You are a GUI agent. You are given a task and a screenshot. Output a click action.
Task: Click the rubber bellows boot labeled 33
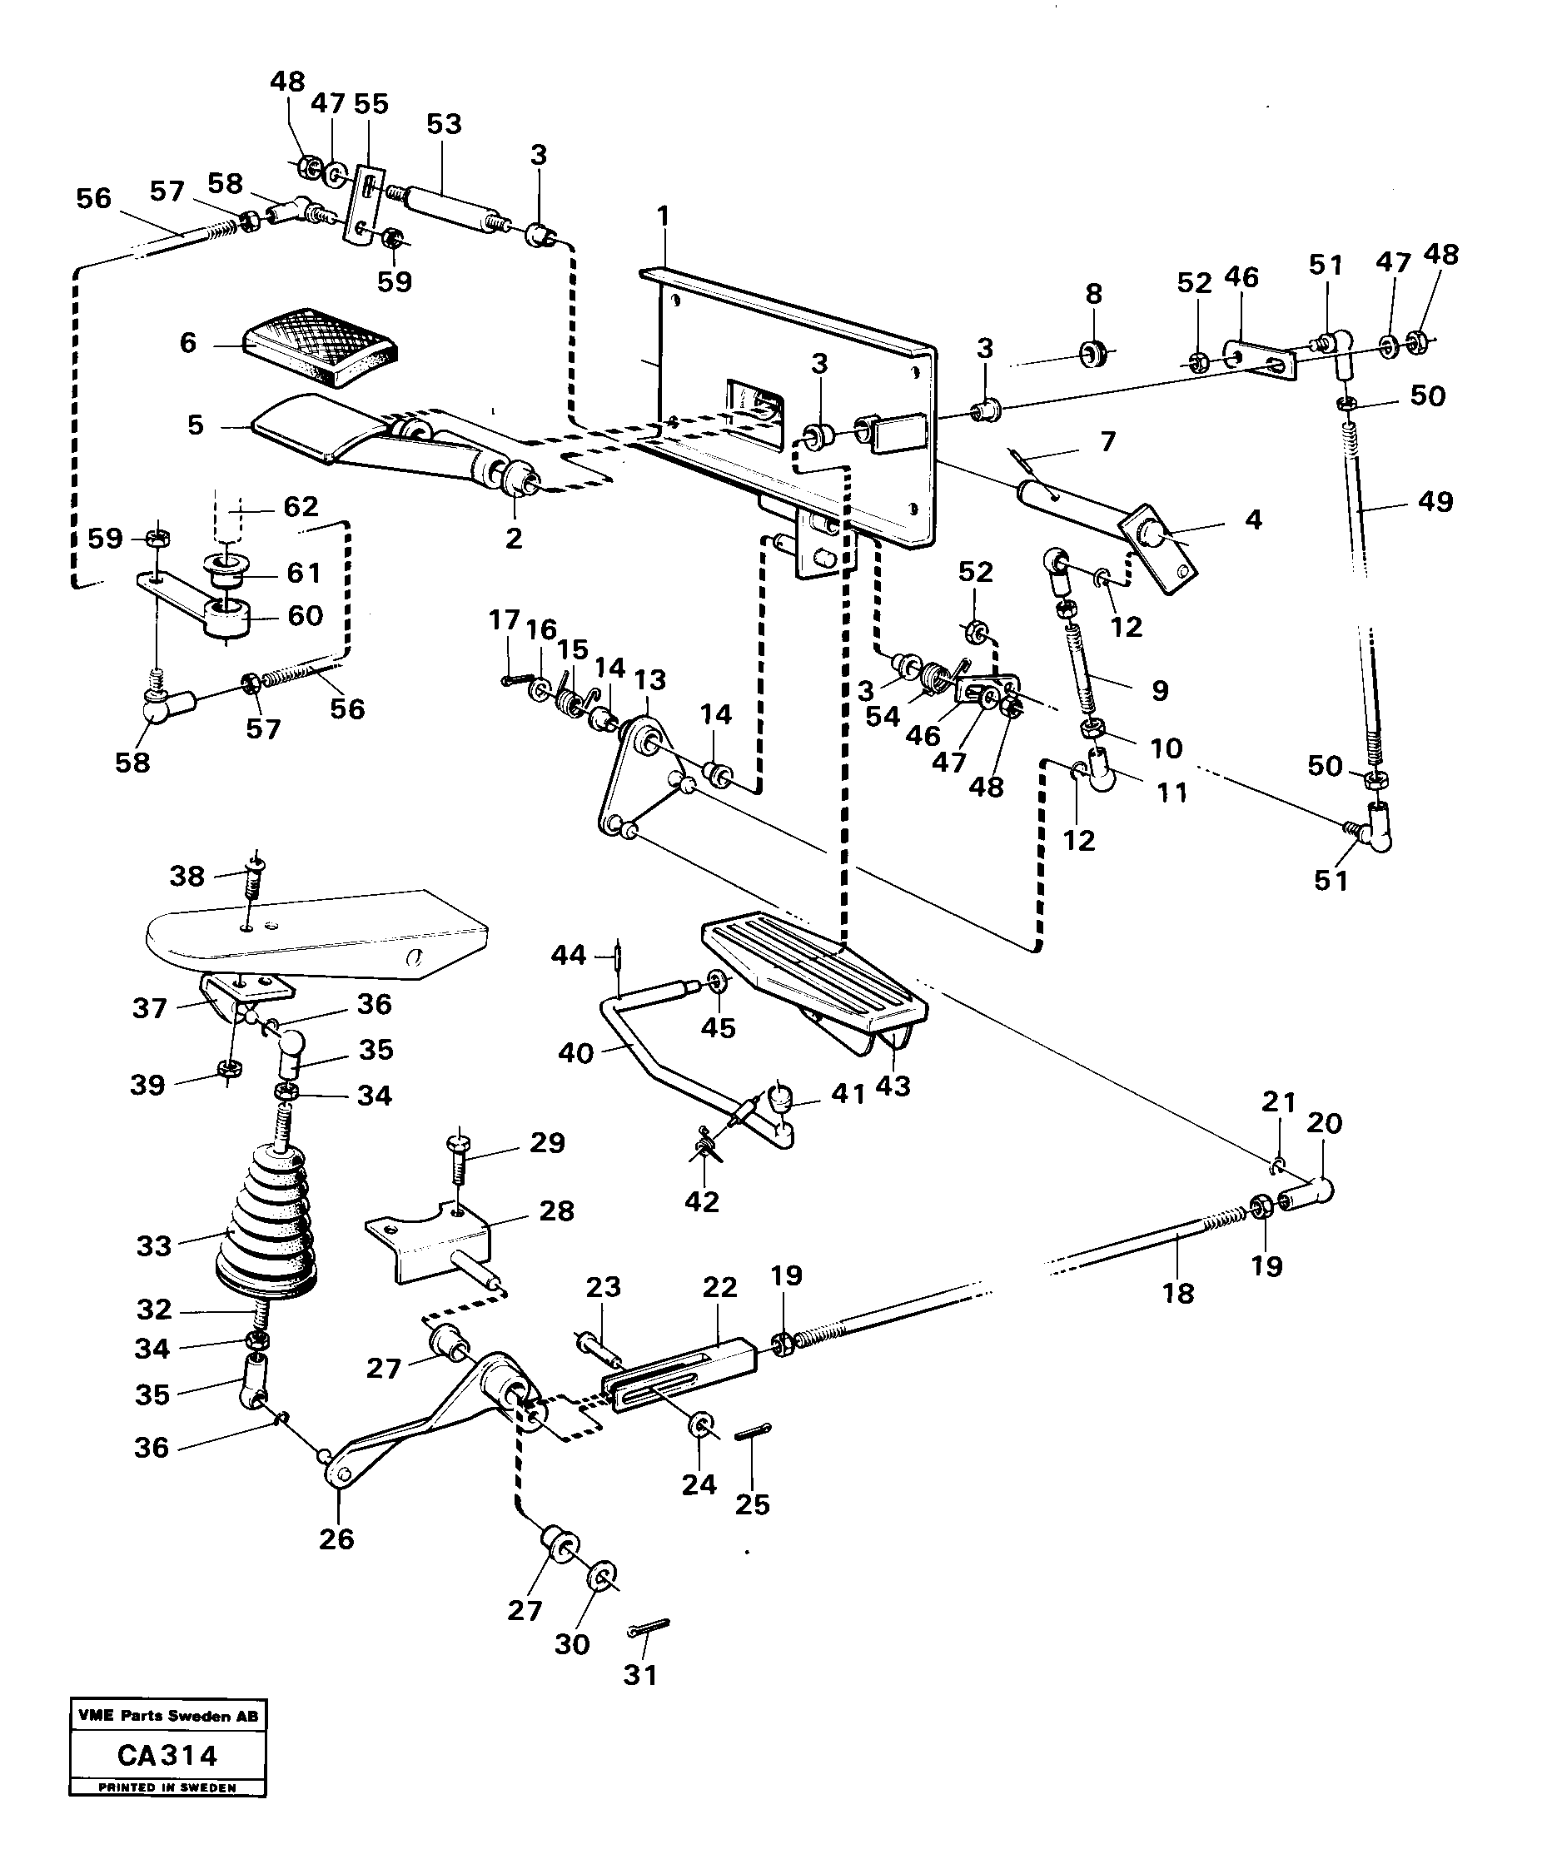pyautogui.click(x=267, y=1222)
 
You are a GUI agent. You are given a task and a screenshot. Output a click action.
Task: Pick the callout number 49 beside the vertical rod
pyautogui.click(x=1435, y=502)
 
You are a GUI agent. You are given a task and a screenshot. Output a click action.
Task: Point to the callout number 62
pyautogui.click(x=300, y=506)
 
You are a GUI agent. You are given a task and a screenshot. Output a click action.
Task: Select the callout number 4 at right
pyautogui.click(x=1252, y=519)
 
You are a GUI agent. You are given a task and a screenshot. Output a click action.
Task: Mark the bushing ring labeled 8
pyautogui.click(x=1092, y=353)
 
